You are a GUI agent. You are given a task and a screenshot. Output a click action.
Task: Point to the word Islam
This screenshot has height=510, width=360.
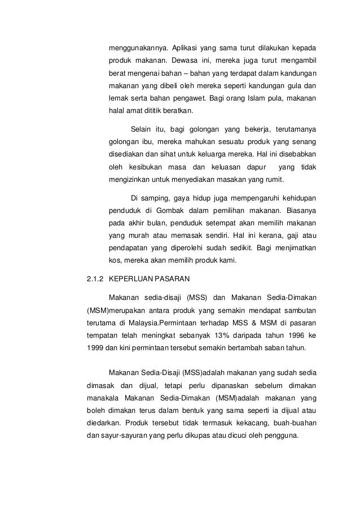pos(252,99)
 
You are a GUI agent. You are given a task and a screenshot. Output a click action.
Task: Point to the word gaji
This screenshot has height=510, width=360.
pos(281,236)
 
